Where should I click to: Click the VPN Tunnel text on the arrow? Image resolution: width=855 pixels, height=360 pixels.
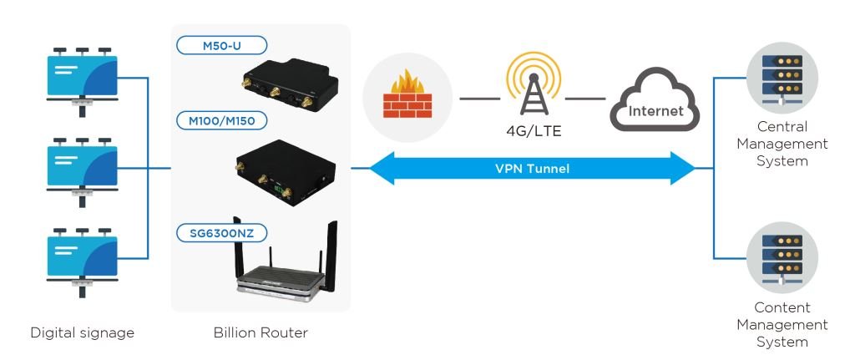(531, 168)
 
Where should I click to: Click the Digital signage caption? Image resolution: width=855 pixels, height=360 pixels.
(82, 332)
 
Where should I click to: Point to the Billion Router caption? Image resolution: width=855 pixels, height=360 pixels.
(261, 332)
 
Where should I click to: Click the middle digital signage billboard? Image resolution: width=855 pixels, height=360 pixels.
(81, 167)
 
